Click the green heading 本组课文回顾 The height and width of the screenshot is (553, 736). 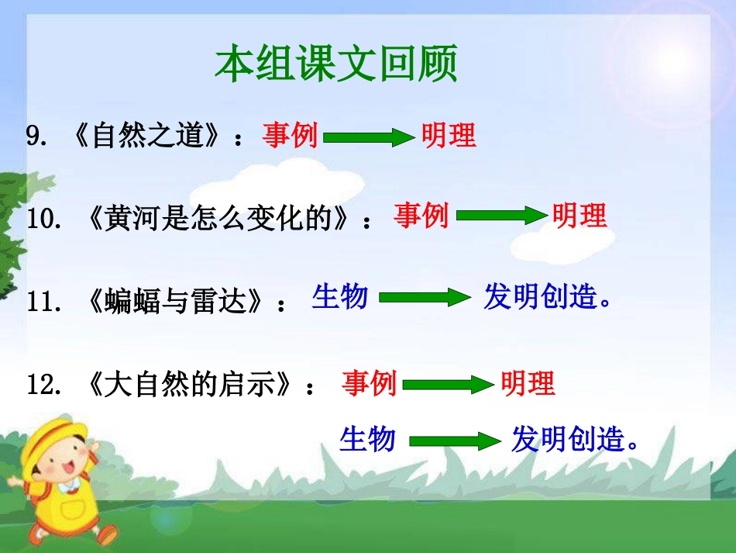click(x=336, y=64)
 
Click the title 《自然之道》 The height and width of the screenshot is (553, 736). click(x=147, y=137)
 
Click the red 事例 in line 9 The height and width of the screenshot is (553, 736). click(x=290, y=136)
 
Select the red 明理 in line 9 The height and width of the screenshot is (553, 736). click(x=449, y=136)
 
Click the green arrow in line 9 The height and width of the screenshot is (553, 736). click(x=370, y=139)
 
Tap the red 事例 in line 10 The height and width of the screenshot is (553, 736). click(x=421, y=216)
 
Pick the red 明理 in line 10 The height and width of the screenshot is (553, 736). click(x=580, y=216)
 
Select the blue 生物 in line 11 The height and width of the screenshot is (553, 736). click(x=340, y=296)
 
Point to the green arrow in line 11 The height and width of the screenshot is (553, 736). click(x=425, y=299)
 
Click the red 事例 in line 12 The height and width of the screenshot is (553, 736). click(x=370, y=383)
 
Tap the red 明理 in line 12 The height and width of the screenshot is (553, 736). click(x=528, y=383)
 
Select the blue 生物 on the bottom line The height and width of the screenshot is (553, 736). click(x=368, y=440)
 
